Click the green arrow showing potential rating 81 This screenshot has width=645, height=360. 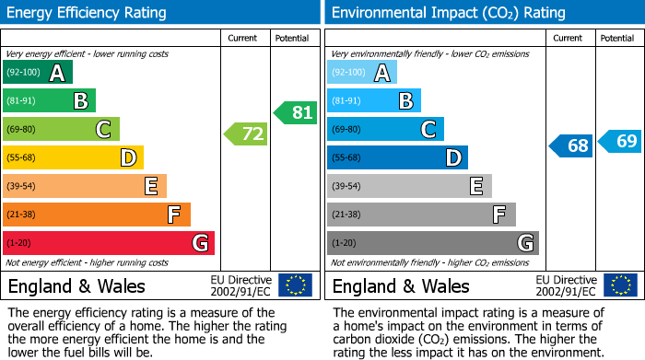tap(296, 113)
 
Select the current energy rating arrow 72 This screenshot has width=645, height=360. tap(247, 134)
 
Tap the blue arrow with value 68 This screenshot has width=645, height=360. tap(572, 145)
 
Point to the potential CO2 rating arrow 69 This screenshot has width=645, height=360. tap(621, 141)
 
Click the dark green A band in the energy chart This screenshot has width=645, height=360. tap(38, 73)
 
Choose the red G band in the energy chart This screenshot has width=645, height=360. tap(109, 243)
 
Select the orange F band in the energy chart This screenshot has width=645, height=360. tap(97, 215)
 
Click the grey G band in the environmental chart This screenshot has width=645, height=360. tap(432, 243)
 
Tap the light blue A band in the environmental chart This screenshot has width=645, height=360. tap(362, 73)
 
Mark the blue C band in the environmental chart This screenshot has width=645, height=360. tap(385, 129)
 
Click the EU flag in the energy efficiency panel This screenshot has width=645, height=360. tap(295, 285)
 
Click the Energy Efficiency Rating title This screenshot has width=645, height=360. tap(88, 13)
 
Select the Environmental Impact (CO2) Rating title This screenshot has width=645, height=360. tap(448, 13)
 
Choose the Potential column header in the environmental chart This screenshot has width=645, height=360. tap(617, 38)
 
